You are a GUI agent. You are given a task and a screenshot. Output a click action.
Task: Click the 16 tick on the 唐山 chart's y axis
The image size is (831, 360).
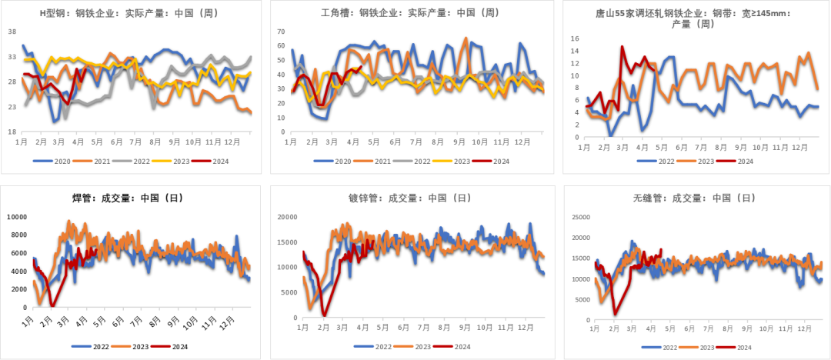point(573,37)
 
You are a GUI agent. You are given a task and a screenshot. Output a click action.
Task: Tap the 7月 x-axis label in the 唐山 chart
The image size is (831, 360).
point(702,147)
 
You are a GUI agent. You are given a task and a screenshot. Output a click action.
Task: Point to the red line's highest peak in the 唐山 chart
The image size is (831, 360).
point(622,46)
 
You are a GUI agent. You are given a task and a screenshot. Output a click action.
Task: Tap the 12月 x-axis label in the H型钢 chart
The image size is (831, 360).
point(248,142)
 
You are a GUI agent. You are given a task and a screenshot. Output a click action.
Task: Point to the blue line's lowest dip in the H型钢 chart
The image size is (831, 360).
point(55,122)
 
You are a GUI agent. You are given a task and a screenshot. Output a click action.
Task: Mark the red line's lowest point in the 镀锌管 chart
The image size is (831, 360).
point(324,315)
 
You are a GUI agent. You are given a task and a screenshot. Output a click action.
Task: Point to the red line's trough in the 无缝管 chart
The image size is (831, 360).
point(615,313)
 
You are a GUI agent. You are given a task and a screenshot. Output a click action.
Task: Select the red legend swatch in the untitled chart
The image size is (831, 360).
point(160,346)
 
